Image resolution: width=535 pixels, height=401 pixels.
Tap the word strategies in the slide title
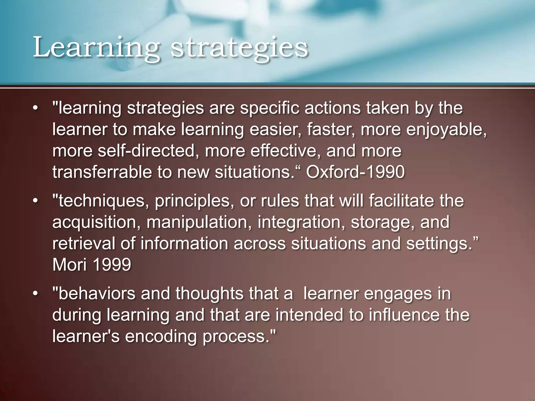[239, 48]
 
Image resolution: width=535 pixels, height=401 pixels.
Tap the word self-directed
[146, 151]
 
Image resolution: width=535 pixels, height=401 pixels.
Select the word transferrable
[102, 172]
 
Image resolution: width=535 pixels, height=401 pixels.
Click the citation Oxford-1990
[355, 172]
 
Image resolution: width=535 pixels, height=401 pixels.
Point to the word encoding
[161, 336]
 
